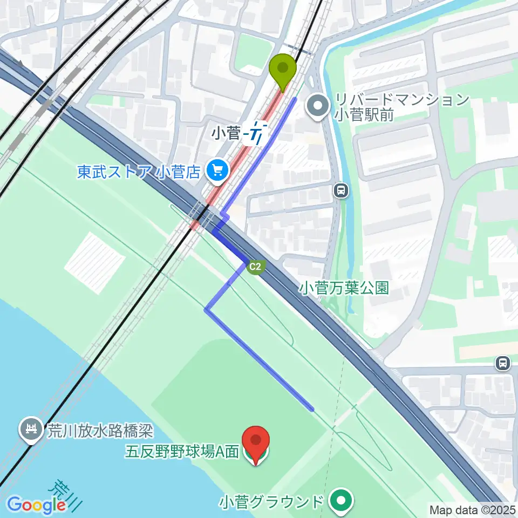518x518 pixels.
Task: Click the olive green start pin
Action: (283, 69)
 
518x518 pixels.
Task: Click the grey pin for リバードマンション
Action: (317, 105)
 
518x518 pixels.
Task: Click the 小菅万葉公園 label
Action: (344, 289)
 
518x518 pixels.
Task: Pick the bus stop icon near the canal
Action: (340, 190)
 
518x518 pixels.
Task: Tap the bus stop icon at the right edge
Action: (503, 364)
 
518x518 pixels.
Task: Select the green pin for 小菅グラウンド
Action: (340, 501)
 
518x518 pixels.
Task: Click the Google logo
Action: (36, 505)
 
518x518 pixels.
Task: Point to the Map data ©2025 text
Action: (472, 509)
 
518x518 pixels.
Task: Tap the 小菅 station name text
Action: (226, 133)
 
